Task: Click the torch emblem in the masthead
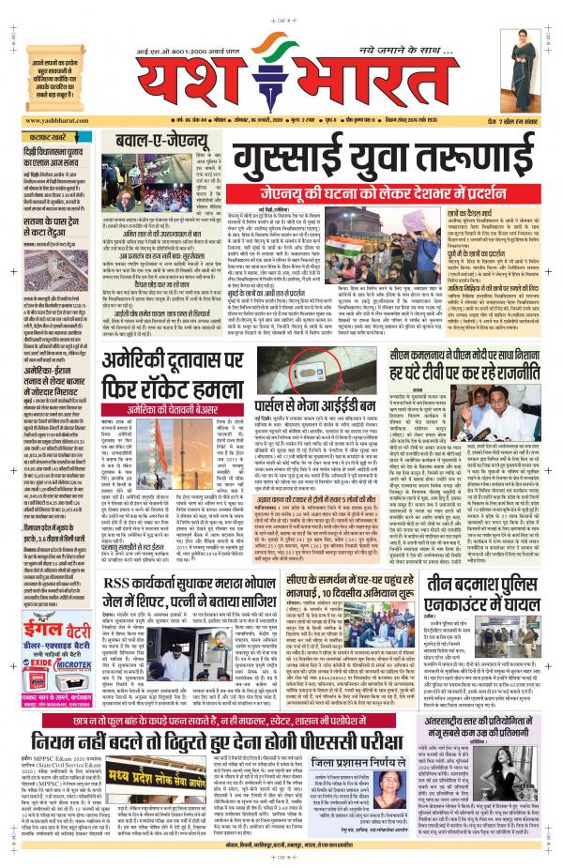coord(265,70)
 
